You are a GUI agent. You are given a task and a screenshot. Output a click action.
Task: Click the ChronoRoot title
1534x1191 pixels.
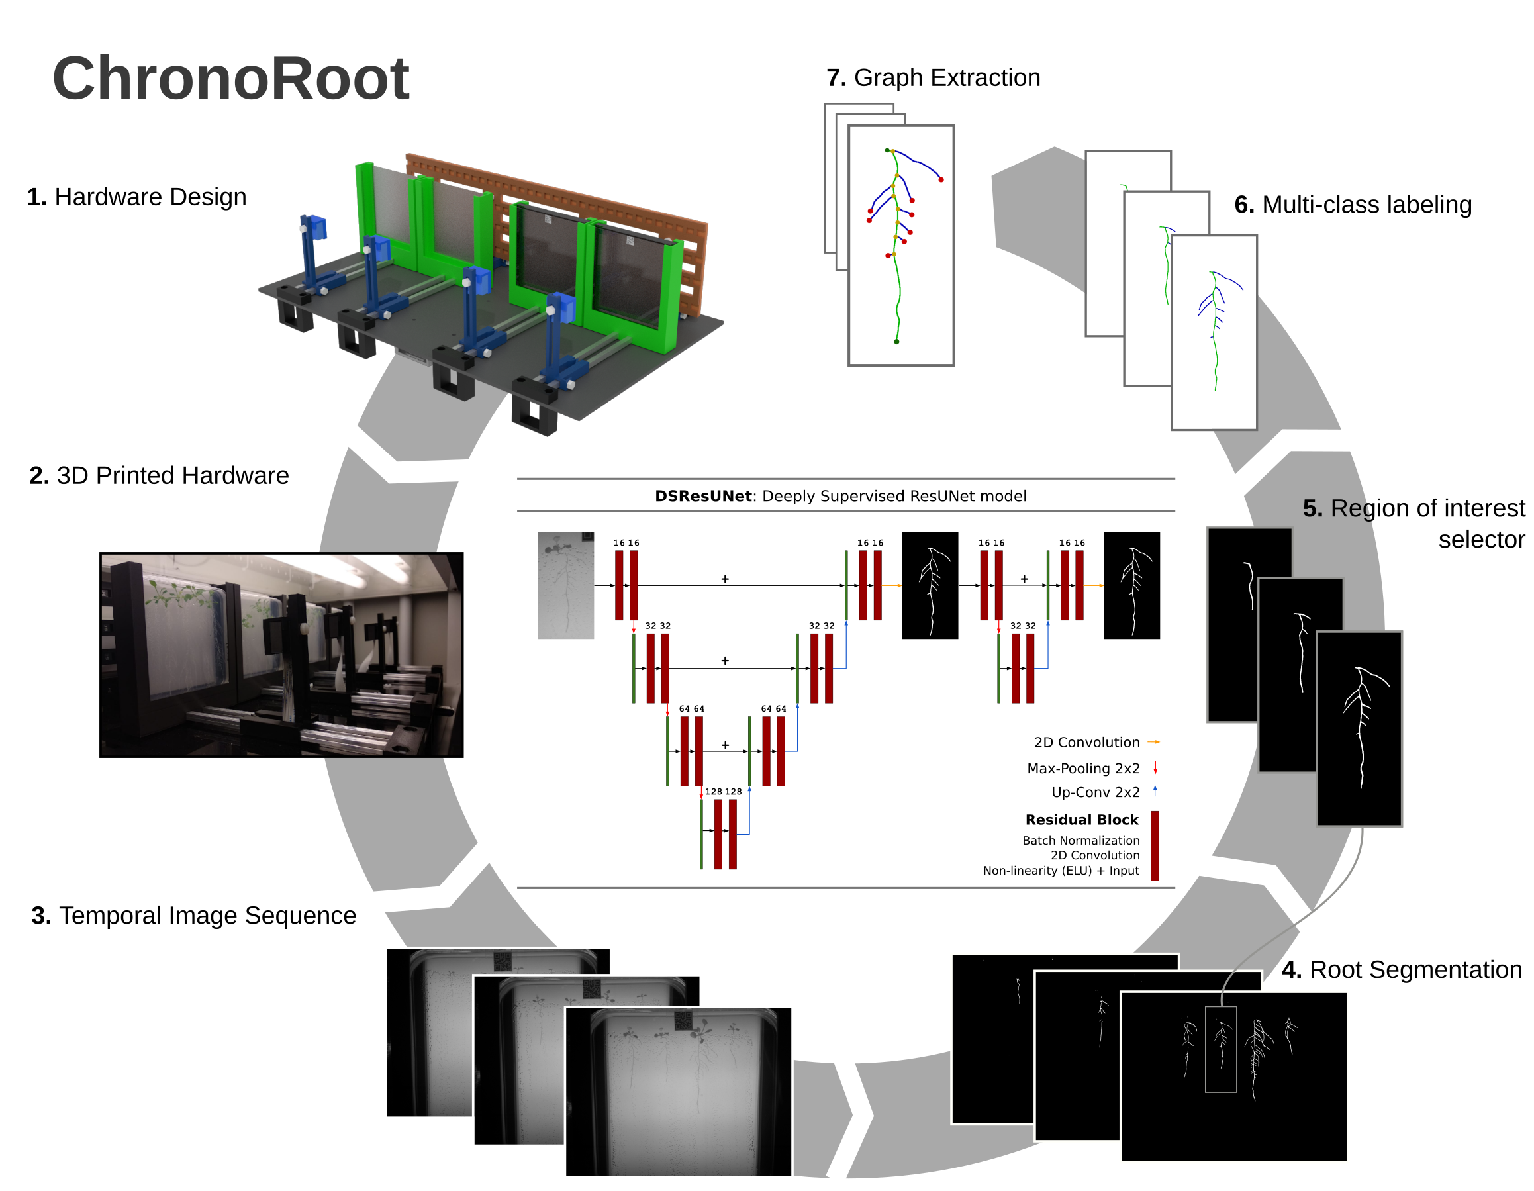(x=230, y=79)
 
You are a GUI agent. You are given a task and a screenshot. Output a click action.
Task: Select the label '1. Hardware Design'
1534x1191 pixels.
(x=136, y=197)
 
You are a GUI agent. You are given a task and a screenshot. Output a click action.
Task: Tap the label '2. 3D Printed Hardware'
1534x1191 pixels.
(x=159, y=476)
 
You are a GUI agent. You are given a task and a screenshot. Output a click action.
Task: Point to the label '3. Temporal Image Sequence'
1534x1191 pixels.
(x=193, y=916)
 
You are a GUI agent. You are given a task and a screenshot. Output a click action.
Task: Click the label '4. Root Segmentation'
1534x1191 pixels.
(x=1401, y=970)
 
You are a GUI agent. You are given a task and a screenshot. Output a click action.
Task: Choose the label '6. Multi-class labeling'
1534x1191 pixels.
(x=1353, y=205)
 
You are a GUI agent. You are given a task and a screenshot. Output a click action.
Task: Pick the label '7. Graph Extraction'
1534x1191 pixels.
(x=933, y=78)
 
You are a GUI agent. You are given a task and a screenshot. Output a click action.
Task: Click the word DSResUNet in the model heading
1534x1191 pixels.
(x=702, y=497)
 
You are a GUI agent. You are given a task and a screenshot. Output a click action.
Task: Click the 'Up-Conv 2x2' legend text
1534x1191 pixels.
(x=1095, y=793)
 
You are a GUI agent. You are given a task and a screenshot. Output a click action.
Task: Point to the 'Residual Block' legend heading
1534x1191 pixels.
(x=1082, y=820)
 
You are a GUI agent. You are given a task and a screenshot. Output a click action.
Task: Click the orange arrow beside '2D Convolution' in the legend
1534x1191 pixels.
(x=1153, y=742)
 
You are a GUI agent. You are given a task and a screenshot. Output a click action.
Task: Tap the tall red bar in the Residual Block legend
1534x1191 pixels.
(x=1155, y=845)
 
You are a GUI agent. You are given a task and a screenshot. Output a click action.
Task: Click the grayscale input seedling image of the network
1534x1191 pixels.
(x=565, y=586)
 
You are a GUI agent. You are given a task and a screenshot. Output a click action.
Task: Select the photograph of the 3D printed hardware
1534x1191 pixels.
(x=281, y=655)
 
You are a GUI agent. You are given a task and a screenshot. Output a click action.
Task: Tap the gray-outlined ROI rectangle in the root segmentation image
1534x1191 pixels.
(x=1221, y=1049)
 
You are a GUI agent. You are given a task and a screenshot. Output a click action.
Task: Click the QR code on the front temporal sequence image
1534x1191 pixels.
(x=684, y=1020)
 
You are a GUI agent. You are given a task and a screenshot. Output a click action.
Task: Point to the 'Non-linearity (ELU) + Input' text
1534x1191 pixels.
(x=1061, y=871)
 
